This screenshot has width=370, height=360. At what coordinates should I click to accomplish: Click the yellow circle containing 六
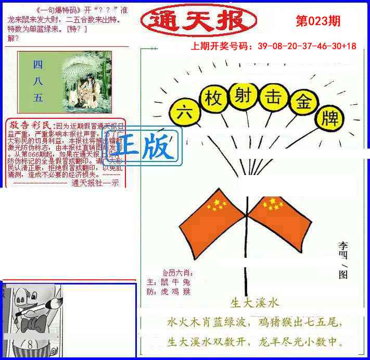(x=182, y=111)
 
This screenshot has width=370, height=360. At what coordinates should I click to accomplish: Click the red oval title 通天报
(x=198, y=21)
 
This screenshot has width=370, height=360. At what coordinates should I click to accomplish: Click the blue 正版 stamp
(x=145, y=146)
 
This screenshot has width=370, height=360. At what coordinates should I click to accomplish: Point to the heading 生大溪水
(x=254, y=303)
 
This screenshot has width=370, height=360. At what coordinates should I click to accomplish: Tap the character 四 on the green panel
(x=37, y=64)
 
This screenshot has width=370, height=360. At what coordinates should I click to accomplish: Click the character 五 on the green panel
(x=37, y=97)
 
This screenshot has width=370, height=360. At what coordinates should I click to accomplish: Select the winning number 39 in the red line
(x=262, y=46)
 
